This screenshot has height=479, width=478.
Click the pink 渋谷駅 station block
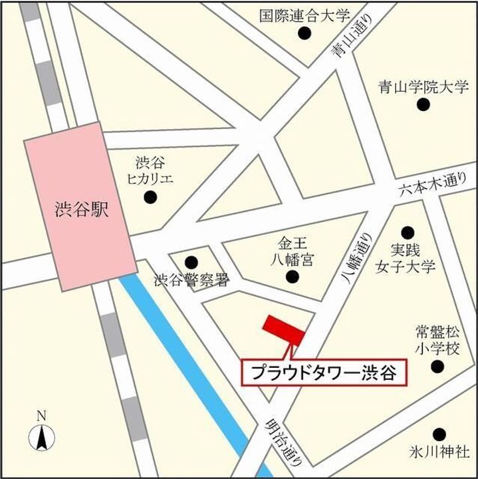(x=64, y=206)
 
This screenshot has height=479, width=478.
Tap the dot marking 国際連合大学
(x=305, y=33)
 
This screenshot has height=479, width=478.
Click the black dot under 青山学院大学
(x=423, y=104)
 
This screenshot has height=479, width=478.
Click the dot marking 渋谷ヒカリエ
(x=152, y=197)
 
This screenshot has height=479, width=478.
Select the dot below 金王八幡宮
(x=293, y=277)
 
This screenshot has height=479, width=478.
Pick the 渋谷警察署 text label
(x=191, y=281)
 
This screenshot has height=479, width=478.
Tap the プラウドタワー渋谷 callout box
(x=323, y=373)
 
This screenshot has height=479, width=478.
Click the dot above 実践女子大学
(x=407, y=232)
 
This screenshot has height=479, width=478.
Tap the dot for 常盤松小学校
(x=437, y=367)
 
